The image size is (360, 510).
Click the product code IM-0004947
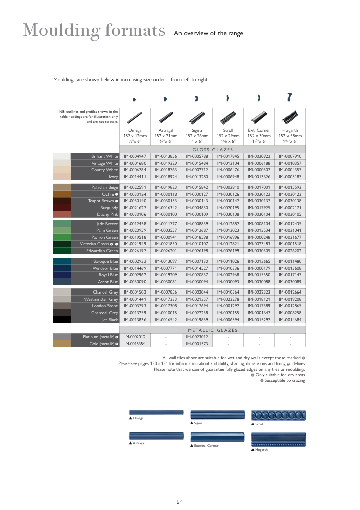(x=135, y=156)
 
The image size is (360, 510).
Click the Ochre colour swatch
(x=62, y=194)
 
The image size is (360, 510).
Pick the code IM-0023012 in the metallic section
(x=197, y=337)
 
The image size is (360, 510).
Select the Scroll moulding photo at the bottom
(x=278, y=414)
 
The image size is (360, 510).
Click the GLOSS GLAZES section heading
(x=212, y=150)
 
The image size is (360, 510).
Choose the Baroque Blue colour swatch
(x=62, y=261)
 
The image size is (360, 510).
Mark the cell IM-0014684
(x=290, y=320)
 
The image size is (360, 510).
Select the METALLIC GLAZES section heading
(x=212, y=330)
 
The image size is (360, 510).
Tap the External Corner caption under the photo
(x=206, y=446)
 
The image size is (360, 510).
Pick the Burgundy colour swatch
(x=62, y=208)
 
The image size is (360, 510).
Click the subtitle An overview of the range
(x=208, y=34)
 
